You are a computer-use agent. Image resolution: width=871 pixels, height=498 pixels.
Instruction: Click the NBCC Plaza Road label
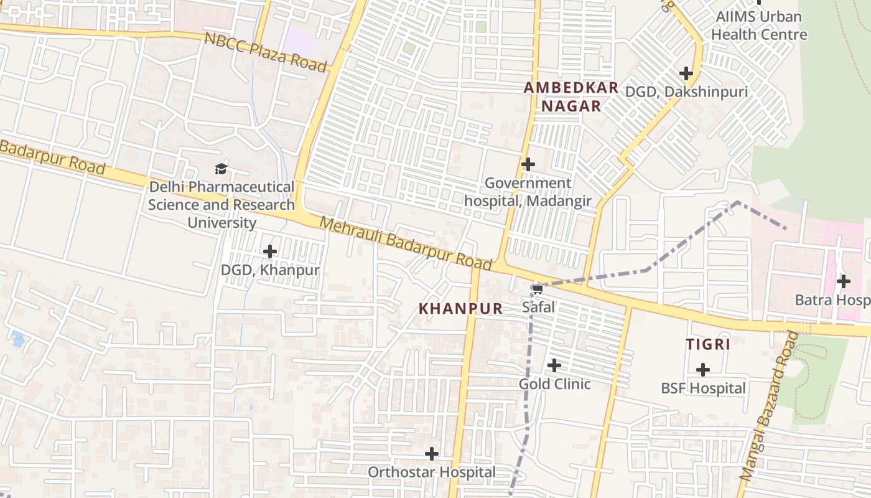tap(266, 52)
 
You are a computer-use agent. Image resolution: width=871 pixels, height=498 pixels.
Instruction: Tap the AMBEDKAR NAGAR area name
tap(571, 96)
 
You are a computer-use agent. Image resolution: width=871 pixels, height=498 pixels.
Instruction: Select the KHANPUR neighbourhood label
tap(460, 308)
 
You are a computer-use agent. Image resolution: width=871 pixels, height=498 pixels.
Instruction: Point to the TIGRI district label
tap(707, 344)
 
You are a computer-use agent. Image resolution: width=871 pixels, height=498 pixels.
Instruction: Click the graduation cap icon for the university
tap(221, 169)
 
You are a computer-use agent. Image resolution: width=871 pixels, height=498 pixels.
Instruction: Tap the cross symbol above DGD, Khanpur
tap(270, 251)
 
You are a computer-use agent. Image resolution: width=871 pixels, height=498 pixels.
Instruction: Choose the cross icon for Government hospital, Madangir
tap(528, 164)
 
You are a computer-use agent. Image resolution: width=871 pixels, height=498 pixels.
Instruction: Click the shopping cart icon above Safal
tap(538, 289)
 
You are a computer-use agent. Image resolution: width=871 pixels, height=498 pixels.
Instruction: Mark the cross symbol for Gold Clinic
tap(554, 365)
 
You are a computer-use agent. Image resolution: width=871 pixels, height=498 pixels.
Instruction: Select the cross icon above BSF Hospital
tap(703, 370)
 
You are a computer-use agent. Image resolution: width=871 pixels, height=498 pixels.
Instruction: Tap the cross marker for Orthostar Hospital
tap(432, 454)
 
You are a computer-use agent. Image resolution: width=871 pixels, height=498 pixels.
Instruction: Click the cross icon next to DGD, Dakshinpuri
tap(686, 73)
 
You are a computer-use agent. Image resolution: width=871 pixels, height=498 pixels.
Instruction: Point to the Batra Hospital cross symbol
tap(844, 281)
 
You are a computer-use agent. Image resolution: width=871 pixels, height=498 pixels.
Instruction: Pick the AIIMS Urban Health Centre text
tap(759, 26)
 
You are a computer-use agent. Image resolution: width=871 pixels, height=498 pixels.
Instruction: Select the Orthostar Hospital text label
tap(432, 472)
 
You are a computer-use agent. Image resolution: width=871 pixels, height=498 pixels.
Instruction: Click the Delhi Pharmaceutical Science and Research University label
tap(221, 205)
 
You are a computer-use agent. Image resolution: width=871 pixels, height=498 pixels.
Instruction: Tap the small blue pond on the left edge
tap(17, 339)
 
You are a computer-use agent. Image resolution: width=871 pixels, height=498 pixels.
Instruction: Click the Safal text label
tap(538, 307)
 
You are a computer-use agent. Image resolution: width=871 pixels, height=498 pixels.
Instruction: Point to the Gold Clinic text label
tap(554, 384)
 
